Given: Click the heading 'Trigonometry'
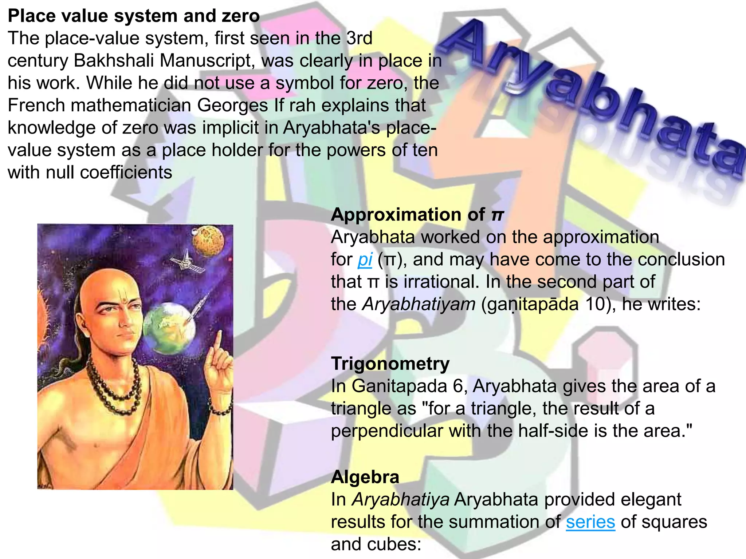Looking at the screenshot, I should coord(390,364).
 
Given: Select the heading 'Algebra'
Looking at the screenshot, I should coord(365,477).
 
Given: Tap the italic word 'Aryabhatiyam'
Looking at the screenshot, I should coord(419,304).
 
